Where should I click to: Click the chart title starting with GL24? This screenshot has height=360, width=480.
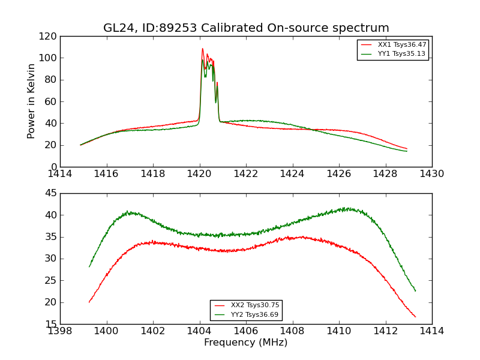(246, 28)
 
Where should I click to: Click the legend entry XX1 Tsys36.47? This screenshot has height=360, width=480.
(401, 45)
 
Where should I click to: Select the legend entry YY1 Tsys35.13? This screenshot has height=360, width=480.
(401, 54)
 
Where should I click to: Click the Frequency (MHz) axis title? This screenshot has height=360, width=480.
(246, 343)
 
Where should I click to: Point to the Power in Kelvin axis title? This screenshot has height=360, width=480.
(31, 101)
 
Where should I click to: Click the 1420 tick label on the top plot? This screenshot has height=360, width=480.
(200, 174)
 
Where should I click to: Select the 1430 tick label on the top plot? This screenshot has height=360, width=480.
(432, 174)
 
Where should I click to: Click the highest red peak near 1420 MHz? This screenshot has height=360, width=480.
(202, 49)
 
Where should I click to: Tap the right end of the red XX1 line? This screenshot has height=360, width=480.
(407, 148)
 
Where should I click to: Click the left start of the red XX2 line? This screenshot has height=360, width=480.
(89, 302)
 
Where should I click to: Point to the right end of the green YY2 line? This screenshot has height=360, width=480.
(415, 291)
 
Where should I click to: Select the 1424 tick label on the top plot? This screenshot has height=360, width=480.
(293, 174)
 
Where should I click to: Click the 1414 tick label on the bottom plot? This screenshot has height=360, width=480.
(432, 331)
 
